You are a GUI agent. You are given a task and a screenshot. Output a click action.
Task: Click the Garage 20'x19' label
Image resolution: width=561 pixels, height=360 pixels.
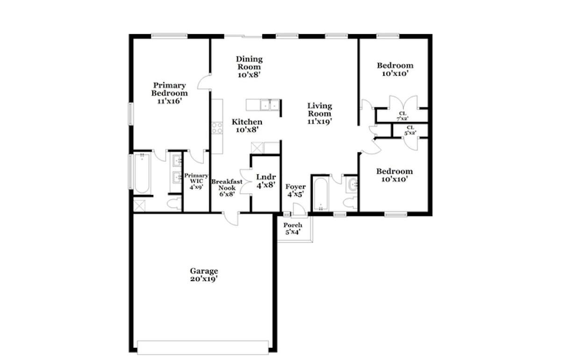[204, 274]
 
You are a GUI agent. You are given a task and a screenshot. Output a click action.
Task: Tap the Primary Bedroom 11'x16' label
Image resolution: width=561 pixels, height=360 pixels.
[169, 93]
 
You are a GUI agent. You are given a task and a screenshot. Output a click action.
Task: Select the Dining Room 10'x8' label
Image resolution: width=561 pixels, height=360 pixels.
[249, 66]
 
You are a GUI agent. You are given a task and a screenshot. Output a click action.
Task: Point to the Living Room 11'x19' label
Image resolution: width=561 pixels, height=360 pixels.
[319, 113]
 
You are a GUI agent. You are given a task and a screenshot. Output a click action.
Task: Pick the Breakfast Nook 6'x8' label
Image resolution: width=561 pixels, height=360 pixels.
[227, 187]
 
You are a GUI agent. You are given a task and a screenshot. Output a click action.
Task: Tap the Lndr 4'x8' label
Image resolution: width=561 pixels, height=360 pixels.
[265, 181]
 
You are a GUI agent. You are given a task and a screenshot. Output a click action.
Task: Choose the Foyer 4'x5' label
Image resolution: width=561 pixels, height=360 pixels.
[295, 190]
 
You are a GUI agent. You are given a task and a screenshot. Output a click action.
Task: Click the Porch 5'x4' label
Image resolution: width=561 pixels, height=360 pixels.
[293, 228]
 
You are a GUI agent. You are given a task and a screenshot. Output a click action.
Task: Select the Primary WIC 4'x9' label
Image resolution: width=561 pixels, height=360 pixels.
[196, 181]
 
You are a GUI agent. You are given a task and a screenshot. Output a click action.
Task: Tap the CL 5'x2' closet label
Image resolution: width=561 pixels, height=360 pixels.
[410, 130]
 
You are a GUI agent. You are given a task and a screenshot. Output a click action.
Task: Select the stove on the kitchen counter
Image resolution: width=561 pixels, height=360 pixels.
[216, 128]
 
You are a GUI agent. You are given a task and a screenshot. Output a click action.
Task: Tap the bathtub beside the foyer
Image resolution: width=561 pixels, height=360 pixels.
[320, 194]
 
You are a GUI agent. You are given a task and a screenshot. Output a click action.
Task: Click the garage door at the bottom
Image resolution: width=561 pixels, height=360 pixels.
[203, 347]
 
